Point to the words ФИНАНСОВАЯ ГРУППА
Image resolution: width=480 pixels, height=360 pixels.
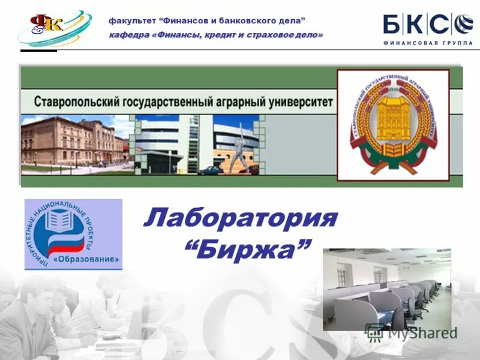tap(424, 43)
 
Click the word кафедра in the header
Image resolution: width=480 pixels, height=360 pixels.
tap(129, 35)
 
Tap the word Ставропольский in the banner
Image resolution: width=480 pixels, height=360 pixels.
tap(73, 101)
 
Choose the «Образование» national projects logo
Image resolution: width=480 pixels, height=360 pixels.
tap(73, 234)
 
